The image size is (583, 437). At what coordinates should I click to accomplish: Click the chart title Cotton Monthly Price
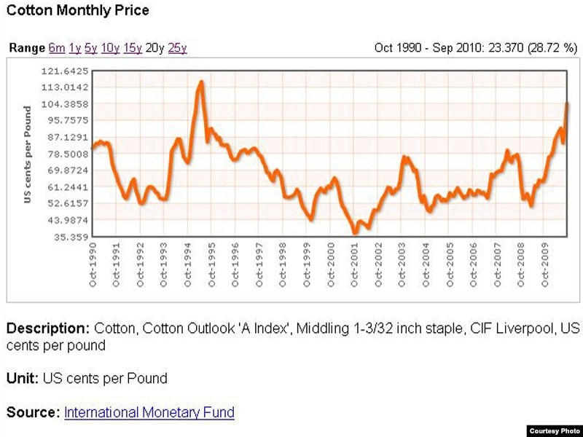77,10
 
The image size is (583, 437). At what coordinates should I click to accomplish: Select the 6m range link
57,48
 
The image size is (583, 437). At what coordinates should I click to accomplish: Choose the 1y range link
75,48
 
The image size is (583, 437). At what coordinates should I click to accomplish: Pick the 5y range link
91,48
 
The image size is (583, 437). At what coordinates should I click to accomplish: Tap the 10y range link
110,48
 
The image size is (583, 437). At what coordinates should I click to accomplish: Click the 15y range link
133,48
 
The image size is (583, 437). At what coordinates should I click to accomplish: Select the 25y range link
177,48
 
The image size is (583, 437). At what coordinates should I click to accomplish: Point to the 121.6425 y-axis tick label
67,71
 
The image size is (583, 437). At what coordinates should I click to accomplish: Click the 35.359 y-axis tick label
70,237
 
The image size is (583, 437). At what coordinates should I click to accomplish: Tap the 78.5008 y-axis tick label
67,154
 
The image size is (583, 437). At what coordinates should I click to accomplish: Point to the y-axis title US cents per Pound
28,154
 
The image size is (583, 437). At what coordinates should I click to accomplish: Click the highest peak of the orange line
201,82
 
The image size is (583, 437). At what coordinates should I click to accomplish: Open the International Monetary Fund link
149,412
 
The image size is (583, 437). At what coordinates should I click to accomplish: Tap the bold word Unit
22,378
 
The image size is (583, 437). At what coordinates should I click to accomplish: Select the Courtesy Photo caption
554,430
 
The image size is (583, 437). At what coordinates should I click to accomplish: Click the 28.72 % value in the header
552,48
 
